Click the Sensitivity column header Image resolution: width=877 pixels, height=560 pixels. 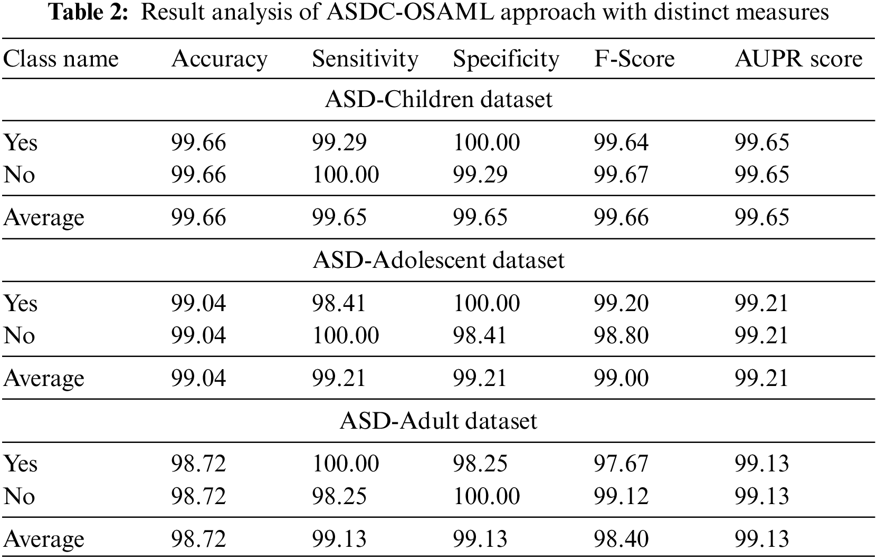coord(365,59)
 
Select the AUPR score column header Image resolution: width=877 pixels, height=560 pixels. coord(798,59)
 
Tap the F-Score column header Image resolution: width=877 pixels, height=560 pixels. coord(634,59)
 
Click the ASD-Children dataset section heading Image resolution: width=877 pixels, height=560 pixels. coord(438,100)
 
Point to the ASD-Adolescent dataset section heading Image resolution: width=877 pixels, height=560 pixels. coord(438,260)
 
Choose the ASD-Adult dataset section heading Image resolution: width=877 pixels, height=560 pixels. coord(438,421)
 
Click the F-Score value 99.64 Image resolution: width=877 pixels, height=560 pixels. coord(621,143)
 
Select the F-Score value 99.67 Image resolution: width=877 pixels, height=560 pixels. coord(621,175)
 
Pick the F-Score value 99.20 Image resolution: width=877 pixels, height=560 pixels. coord(621,303)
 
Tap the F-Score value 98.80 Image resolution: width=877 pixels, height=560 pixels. coord(621,335)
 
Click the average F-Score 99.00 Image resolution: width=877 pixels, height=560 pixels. coord(621,379)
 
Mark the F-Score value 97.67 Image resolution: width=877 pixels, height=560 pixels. coord(621,464)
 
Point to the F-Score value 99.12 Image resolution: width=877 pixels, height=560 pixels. coord(621,496)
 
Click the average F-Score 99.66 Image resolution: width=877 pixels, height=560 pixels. coord(621,218)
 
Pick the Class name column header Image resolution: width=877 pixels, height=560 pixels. coord(61,59)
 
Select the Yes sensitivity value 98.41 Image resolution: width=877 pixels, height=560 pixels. coord(338,303)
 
